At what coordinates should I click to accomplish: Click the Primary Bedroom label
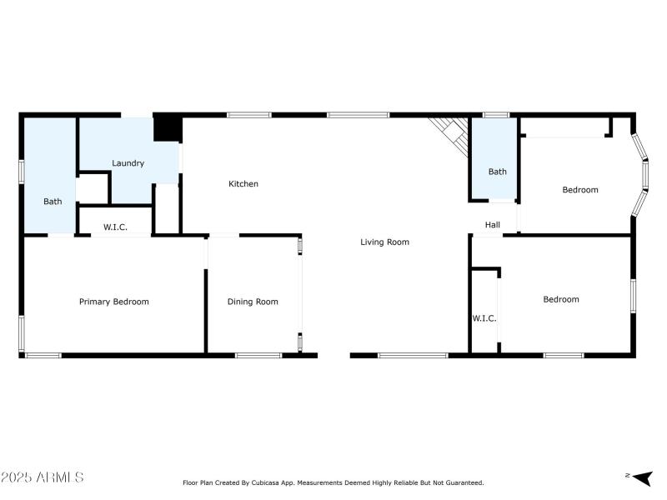click(x=113, y=302)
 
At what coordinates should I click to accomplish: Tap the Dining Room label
click(x=253, y=302)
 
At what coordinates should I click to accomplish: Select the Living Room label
click(x=384, y=242)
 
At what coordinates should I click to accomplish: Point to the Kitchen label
click(x=243, y=184)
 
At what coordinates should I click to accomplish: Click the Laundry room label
click(x=128, y=163)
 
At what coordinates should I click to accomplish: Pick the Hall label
click(x=493, y=224)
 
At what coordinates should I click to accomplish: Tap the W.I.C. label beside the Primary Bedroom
click(x=115, y=227)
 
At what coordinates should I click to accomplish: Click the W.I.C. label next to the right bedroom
click(x=484, y=318)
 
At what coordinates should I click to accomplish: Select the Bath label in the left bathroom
click(x=53, y=202)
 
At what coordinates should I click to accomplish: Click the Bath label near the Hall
click(x=497, y=172)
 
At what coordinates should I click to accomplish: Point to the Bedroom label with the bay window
click(x=580, y=190)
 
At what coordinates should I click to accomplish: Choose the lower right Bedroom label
click(x=561, y=300)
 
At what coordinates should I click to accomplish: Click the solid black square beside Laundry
click(x=168, y=128)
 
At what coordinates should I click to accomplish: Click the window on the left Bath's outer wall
click(x=22, y=171)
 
